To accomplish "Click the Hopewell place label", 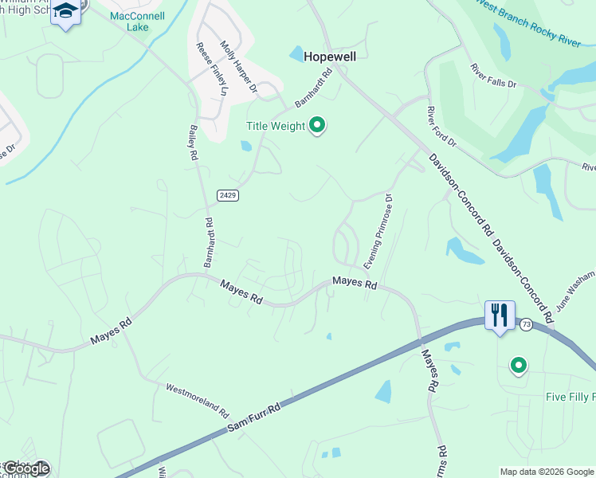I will pyautogui.click(x=328, y=57).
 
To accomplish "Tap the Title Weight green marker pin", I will pyautogui.click(x=317, y=126).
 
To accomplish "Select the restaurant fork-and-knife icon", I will pyautogui.click(x=500, y=315).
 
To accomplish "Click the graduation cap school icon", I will pyautogui.click(x=65, y=12).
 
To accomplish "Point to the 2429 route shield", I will pyautogui.click(x=227, y=194).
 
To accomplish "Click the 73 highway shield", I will pyautogui.click(x=525, y=324).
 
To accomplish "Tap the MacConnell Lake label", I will pyautogui.click(x=137, y=21).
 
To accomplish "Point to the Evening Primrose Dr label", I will pyautogui.click(x=378, y=231).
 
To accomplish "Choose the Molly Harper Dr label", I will pyautogui.click(x=238, y=68).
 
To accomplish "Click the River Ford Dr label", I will pyautogui.click(x=441, y=126).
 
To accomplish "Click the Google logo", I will pyautogui.click(x=25, y=468).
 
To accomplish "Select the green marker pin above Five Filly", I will pyautogui.click(x=519, y=366).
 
